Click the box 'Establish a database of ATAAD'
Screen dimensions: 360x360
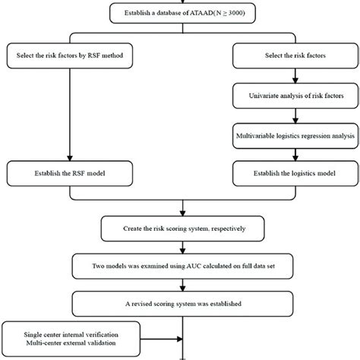(179, 13)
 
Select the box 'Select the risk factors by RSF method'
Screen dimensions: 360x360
(70, 55)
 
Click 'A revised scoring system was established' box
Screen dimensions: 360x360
(179, 304)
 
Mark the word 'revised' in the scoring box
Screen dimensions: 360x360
(155, 304)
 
